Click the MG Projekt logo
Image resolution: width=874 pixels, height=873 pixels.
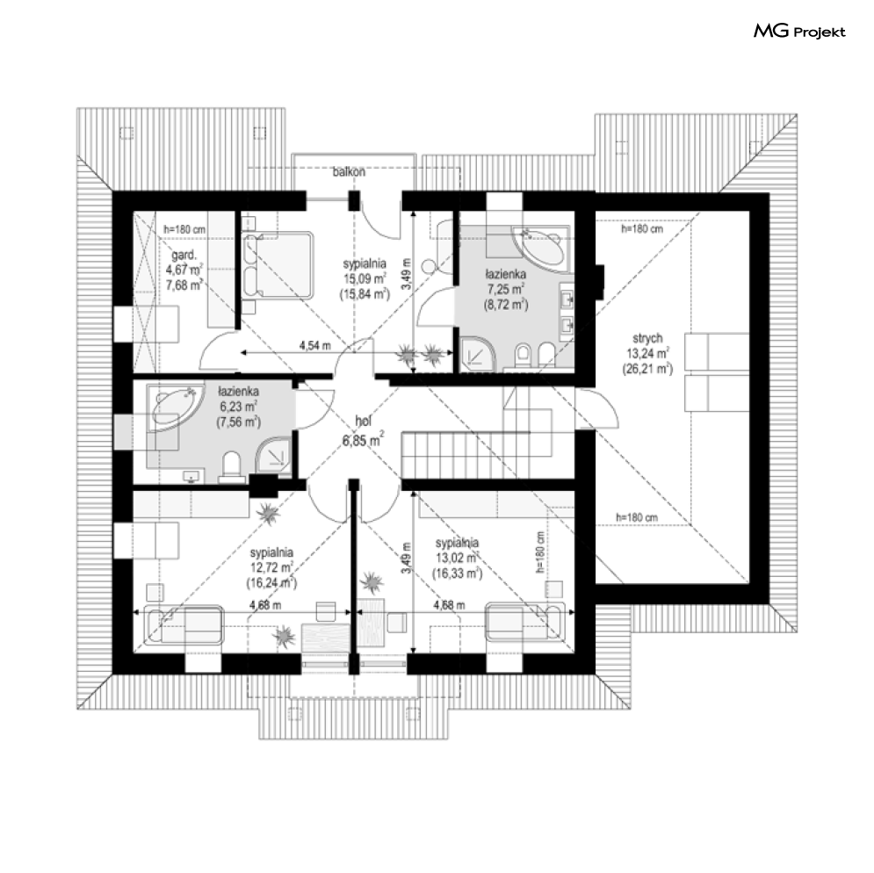(799, 32)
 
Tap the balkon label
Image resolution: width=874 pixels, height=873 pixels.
(349, 171)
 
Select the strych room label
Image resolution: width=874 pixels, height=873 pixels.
(647, 338)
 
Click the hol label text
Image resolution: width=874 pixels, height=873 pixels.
(364, 422)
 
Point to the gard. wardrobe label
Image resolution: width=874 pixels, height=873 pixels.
(184, 256)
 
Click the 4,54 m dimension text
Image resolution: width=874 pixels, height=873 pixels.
(315, 346)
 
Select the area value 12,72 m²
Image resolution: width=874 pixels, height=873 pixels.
(271, 567)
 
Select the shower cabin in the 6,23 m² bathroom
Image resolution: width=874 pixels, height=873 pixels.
(273, 452)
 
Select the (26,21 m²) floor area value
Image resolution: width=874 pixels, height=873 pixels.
(647, 369)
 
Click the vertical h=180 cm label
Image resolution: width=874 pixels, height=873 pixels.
(539, 552)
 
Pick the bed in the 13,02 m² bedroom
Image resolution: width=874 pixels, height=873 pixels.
(525, 621)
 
